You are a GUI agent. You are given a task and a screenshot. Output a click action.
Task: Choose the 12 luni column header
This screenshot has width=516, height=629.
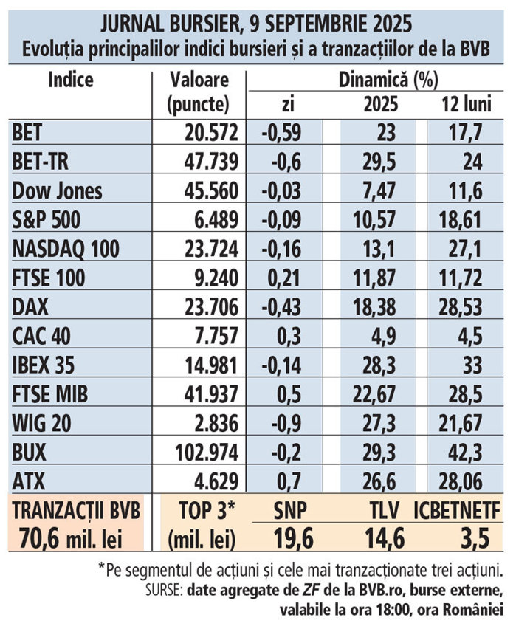coord(464,104)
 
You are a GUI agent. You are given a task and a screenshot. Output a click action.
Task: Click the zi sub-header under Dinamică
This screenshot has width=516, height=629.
coord(288,105)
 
